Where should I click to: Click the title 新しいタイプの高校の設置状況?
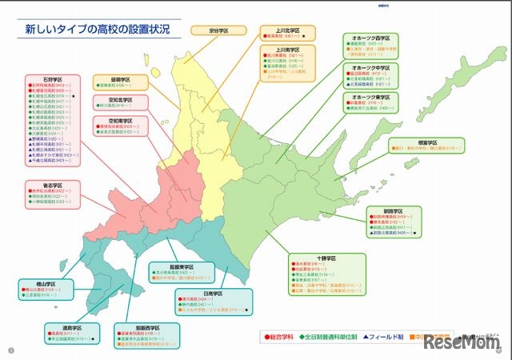tap(97, 30)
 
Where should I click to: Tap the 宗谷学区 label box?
tap(218, 30)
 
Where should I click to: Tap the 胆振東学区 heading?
tap(182, 266)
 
